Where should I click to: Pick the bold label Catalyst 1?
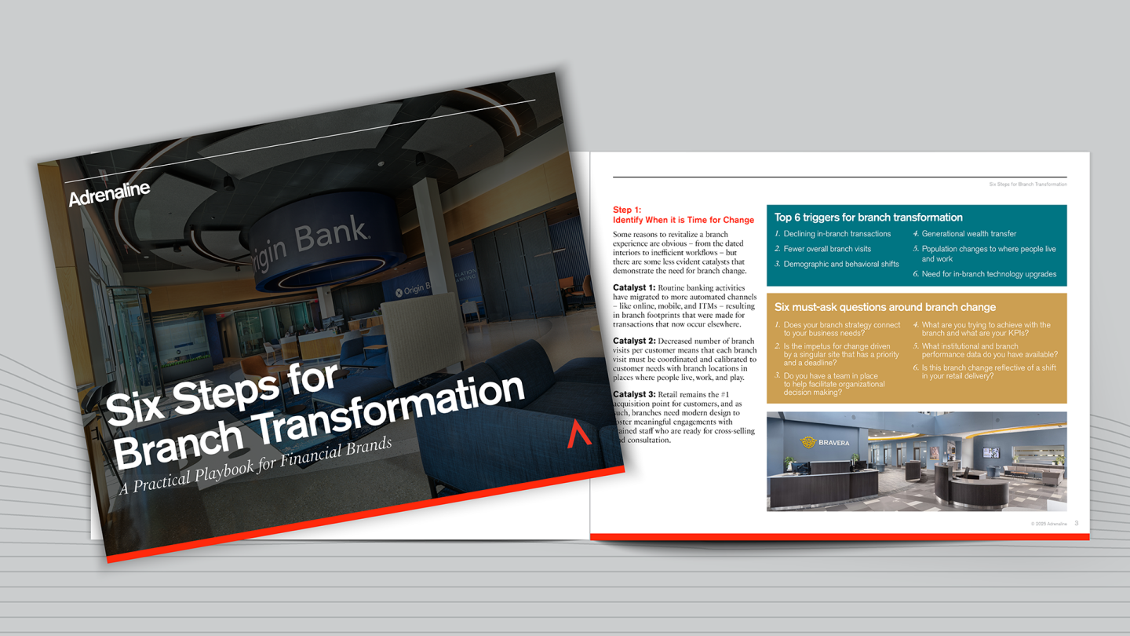pyautogui.click(x=634, y=288)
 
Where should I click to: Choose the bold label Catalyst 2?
pyautogui.click(x=634, y=342)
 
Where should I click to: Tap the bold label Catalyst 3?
pyautogui.click(x=634, y=395)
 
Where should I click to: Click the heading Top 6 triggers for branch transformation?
pyautogui.click(x=868, y=217)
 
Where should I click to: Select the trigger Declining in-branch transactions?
pyautogui.click(x=837, y=234)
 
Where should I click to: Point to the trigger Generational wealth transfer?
pyautogui.click(x=968, y=234)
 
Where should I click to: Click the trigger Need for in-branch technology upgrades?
pyautogui.click(x=989, y=274)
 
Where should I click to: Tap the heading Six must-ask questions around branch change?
pyautogui.click(x=884, y=307)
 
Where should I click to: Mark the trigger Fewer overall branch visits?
pyautogui.click(x=826, y=249)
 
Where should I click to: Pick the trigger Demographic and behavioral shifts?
pyautogui.click(x=840, y=265)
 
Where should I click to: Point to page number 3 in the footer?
pyautogui.click(x=1077, y=523)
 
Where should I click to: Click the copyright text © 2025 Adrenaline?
pyautogui.click(x=1048, y=524)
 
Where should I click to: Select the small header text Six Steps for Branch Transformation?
pyautogui.click(x=1027, y=185)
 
